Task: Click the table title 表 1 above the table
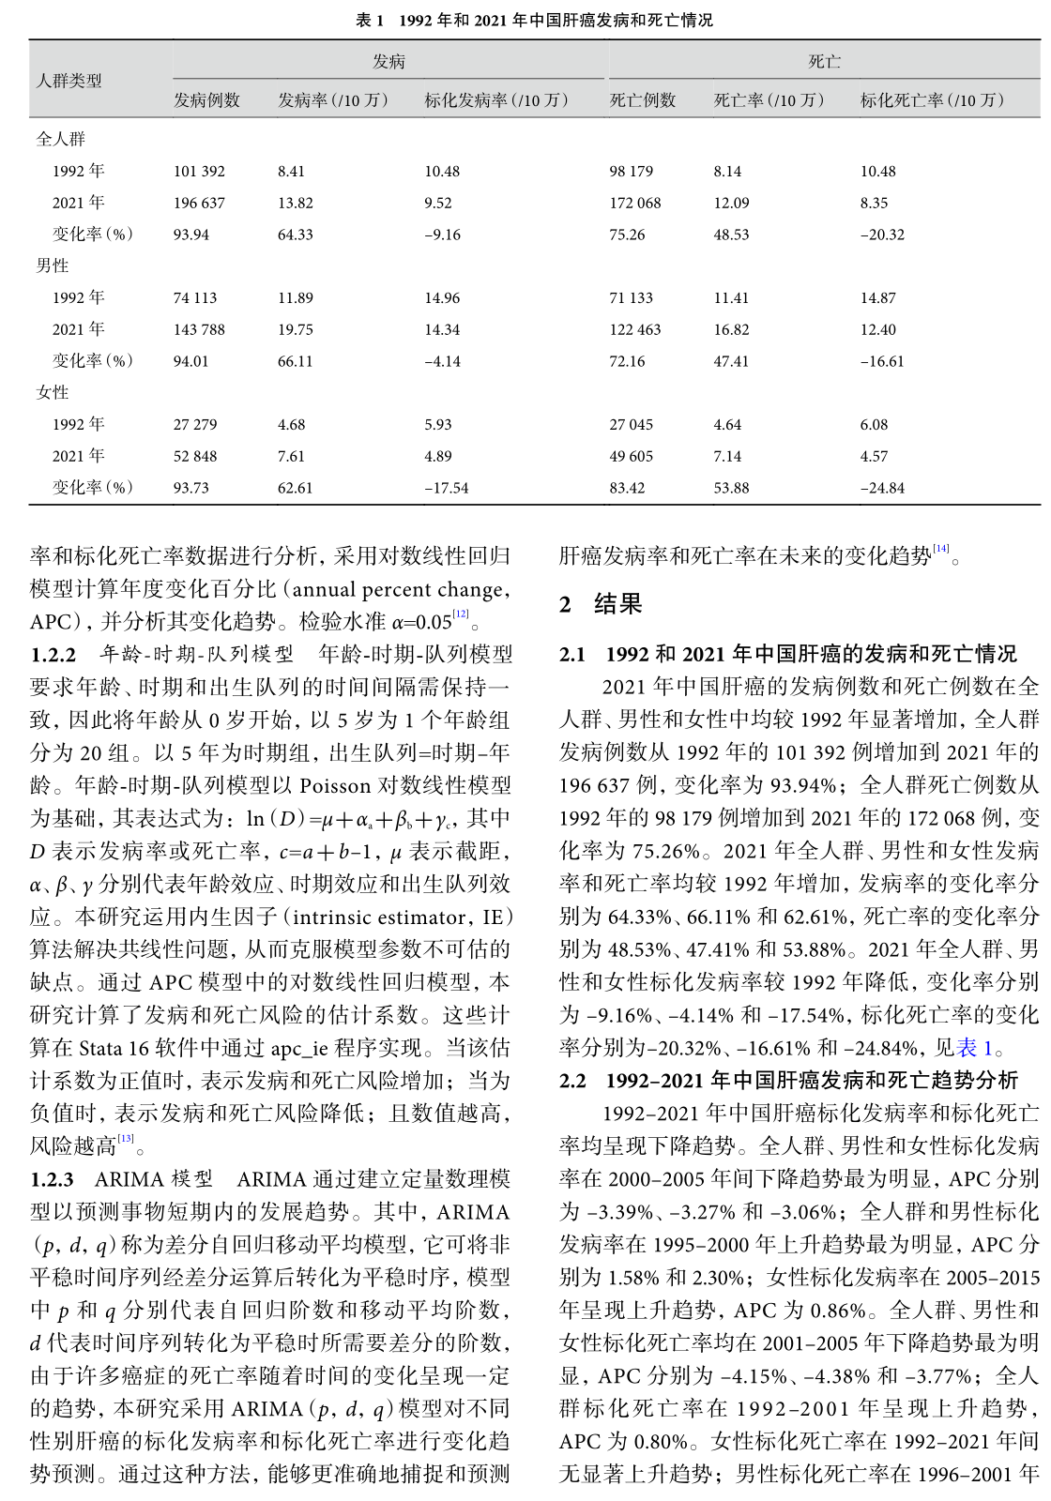[534, 20]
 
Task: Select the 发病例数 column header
[206, 100]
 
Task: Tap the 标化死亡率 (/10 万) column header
[932, 100]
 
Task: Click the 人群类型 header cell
[69, 81]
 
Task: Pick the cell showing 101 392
[199, 172]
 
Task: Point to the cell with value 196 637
[199, 203]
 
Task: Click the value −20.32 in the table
[882, 235]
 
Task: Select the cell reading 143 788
[199, 329]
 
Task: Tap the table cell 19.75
[296, 329]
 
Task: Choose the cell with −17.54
[446, 488]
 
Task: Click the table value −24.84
[882, 488]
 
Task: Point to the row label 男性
[53, 265]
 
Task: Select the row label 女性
[53, 392]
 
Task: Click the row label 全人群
[61, 139]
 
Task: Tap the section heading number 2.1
[572, 654]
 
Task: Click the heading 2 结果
[601, 604]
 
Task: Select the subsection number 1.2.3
[53, 1179]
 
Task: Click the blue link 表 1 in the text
[974, 1048]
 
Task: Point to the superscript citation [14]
[940, 549]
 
